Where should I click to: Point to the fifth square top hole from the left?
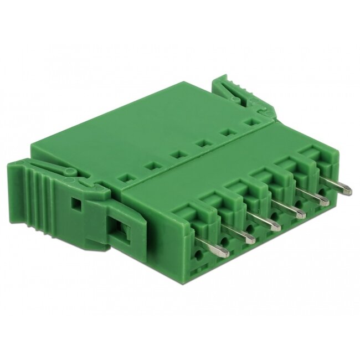click(x=227, y=132)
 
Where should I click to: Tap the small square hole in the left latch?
click(x=78, y=204)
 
